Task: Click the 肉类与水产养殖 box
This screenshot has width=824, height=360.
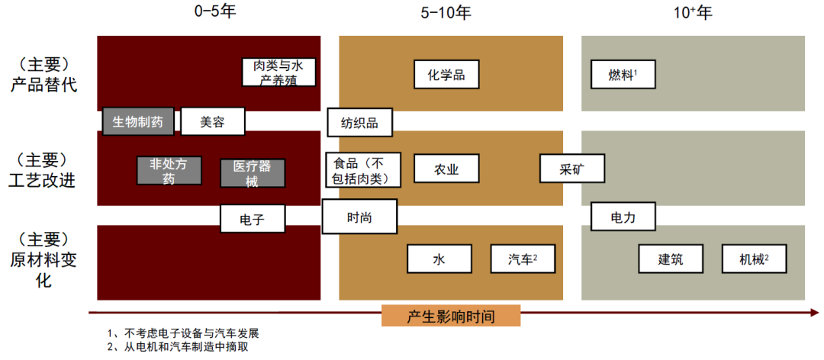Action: (x=278, y=73)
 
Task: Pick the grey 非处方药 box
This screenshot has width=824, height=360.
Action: (x=169, y=171)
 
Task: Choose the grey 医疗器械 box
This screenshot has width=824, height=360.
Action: (x=252, y=173)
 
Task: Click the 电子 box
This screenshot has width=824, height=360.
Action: (x=252, y=219)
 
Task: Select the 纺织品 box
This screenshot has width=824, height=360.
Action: (x=359, y=122)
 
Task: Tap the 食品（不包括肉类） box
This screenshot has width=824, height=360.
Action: (x=362, y=170)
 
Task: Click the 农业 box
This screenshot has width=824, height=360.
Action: (x=446, y=169)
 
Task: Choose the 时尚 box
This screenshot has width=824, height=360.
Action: (x=359, y=217)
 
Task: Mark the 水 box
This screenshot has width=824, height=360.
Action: (x=439, y=259)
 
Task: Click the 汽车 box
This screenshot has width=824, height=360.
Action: (x=523, y=259)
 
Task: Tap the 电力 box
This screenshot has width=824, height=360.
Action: (x=623, y=217)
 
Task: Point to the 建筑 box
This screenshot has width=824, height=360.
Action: (x=671, y=259)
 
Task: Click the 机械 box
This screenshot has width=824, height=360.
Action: (x=754, y=259)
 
